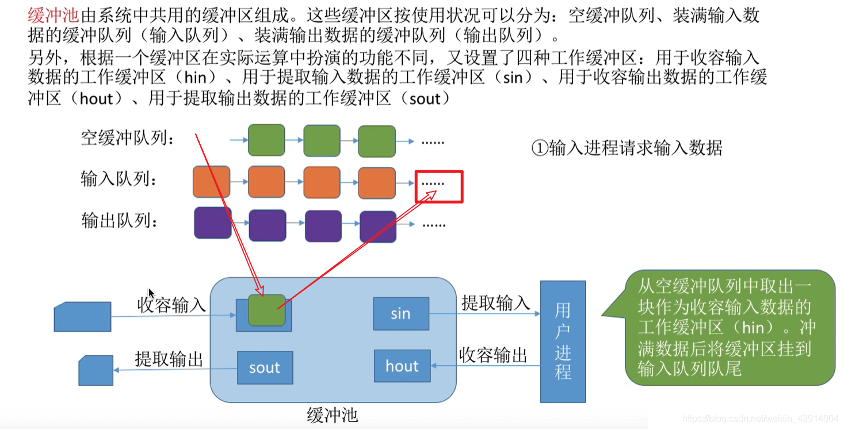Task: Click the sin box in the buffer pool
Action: (x=400, y=313)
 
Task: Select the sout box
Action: (x=265, y=367)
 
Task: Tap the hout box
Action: (x=402, y=366)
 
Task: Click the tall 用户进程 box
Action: (x=563, y=342)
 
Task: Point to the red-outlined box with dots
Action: (x=439, y=186)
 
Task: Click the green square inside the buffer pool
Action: (x=266, y=310)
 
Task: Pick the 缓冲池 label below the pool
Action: (x=333, y=415)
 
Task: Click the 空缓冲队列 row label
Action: (x=128, y=138)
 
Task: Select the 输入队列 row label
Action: (x=119, y=180)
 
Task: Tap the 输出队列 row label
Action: (x=120, y=220)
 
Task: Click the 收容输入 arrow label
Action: (x=171, y=305)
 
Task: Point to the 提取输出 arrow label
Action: (x=169, y=359)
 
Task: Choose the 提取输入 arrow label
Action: (x=495, y=302)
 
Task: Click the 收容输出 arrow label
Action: (x=493, y=355)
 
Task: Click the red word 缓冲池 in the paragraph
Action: (x=53, y=16)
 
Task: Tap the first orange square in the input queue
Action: (x=211, y=182)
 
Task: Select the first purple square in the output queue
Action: (x=213, y=223)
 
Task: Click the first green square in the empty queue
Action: (x=266, y=140)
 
